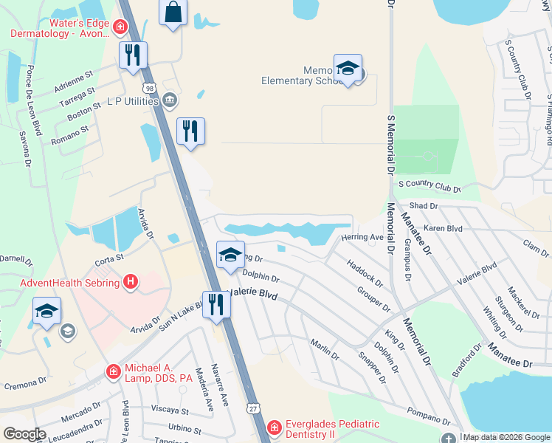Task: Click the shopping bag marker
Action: (x=173, y=13)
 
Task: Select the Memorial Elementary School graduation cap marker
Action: (x=348, y=69)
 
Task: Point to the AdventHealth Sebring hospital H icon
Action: (x=131, y=281)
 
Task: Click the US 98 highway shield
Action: (x=150, y=89)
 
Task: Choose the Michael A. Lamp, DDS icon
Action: (x=114, y=371)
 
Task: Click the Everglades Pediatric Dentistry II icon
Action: (x=274, y=427)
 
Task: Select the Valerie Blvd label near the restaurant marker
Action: (x=255, y=294)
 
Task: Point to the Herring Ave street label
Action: (x=362, y=237)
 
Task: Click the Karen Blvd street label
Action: (x=443, y=229)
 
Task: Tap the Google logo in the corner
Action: (x=25, y=434)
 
